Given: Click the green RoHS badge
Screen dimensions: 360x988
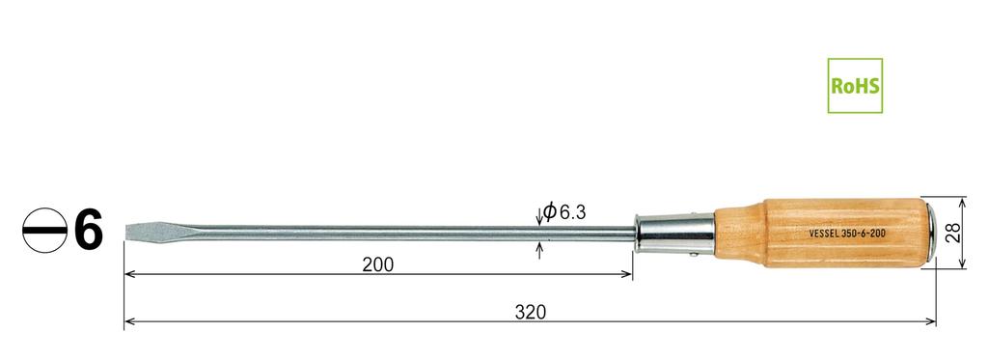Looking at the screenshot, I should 854,85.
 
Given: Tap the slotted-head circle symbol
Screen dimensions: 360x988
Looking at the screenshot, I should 44,232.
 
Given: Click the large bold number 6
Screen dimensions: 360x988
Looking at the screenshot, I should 87,232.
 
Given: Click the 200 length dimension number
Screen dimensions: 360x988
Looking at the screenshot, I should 377,264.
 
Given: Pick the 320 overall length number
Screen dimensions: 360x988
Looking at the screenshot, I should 530,312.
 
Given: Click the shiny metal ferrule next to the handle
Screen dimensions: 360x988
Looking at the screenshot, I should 675,233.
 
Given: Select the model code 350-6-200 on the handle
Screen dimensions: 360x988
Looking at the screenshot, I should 867,234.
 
